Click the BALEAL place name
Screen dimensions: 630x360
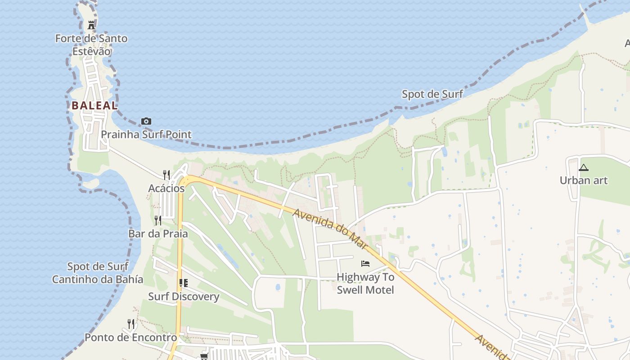(x=94, y=106)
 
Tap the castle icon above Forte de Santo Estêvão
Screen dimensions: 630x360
(x=91, y=25)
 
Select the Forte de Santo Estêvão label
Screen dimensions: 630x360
(x=91, y=45)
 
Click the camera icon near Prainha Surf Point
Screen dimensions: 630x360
(x=146, y=121)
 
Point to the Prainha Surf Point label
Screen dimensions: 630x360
(x=146, y=135)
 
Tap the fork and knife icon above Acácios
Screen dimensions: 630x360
(x=166, y=175)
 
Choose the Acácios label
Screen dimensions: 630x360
(x=166, y=189)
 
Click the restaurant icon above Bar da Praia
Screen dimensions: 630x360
(x=158, y=220)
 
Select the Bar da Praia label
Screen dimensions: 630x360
(x=158, y=234)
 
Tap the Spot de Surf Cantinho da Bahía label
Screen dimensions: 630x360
(x=98, y=273)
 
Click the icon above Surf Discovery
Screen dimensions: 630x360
(x=183, y=283)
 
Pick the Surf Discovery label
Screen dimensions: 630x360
(x=184, y=297)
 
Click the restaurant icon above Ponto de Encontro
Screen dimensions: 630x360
(x=131, y=324)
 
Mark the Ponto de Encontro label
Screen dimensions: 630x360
(x=131, y=337)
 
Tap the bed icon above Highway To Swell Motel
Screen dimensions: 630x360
(x=365, y=263)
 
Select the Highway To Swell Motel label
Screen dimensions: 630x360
(x=365, y=283)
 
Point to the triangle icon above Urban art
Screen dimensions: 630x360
(x=584, y=168)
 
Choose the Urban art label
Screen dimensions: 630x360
(x=584, y=180)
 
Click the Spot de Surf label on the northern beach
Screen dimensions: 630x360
(x=432, y=94)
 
